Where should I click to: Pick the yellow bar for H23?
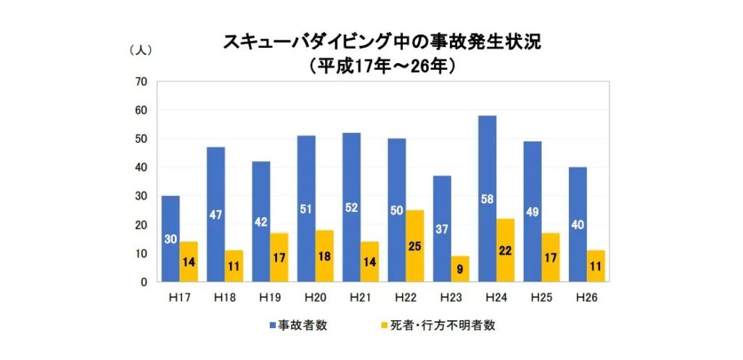[460, 269]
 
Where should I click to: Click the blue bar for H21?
[351, 207]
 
